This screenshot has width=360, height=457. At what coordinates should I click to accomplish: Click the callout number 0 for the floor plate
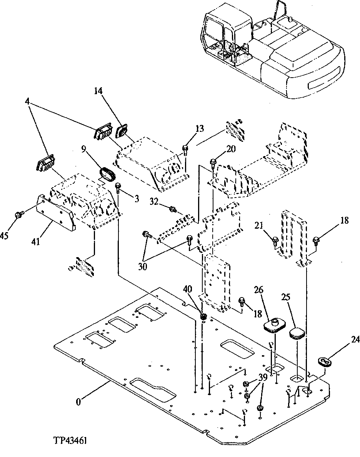pos(78,402)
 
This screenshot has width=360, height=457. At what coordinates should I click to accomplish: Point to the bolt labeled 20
pos(213,163)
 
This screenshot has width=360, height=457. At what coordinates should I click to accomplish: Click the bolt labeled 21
pos(275,241)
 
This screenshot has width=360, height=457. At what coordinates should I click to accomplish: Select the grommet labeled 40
pos(204,316)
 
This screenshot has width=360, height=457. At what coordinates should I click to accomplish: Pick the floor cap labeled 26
pos(274,325)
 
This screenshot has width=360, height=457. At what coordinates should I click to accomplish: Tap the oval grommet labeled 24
pos(325,362)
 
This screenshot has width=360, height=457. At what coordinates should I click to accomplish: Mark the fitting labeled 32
pos(173,209)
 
